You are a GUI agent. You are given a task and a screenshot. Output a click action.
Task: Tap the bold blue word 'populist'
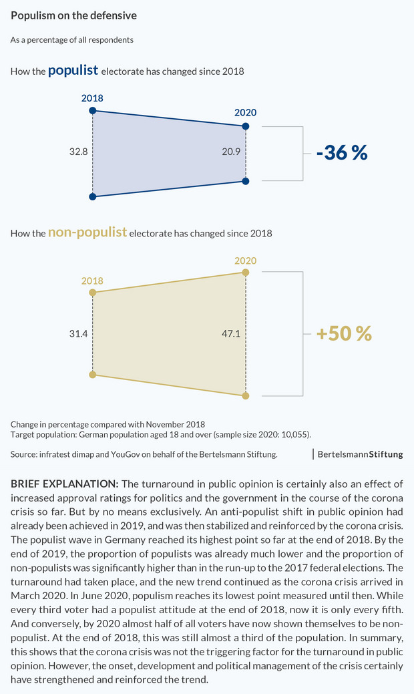pyautogui.click(x=73, y=69)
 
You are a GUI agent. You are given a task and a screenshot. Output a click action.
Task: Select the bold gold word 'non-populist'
pyautogui.click(x=87, y=232)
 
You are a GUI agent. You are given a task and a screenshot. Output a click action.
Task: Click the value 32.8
pyautogui.click(x=79, y=152)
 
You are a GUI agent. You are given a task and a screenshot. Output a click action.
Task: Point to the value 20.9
pyautogui.click(x=231, y=152)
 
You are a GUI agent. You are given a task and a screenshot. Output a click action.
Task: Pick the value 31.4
pyautogui.click(x=79, y=333)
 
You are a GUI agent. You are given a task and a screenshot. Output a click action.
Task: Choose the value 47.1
pyautogui.click(x=231, y=333)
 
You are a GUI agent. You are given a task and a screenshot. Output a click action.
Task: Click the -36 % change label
pyautogui.click(x=342, y=153)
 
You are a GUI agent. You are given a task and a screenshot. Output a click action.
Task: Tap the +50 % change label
pyautogui.click(x=344, y=333)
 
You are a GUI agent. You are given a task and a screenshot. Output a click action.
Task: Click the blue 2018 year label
pyautogui.click(x=92, y=98)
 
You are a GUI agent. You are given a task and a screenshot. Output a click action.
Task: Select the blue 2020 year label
pyautogui.click(x=246, y=113)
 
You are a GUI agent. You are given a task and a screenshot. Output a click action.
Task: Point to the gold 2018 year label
pyautogui.click(x=92, y=281)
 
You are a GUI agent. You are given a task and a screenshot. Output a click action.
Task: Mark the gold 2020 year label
pyautogui.click(x=246, y=261)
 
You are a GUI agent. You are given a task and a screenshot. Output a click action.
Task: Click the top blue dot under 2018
pyautogui.click(x=93, y=110)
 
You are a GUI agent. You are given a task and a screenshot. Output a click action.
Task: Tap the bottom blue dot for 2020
pyautogui.click(x=246, y=180)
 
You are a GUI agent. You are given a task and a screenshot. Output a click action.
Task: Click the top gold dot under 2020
pyautogui.click(x=246, y=273)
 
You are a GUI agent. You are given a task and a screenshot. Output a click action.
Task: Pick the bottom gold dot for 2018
pyautogui.click(x=93, y=375)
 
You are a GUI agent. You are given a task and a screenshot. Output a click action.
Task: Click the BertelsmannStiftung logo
pyautogui.click(x=360, y=454)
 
